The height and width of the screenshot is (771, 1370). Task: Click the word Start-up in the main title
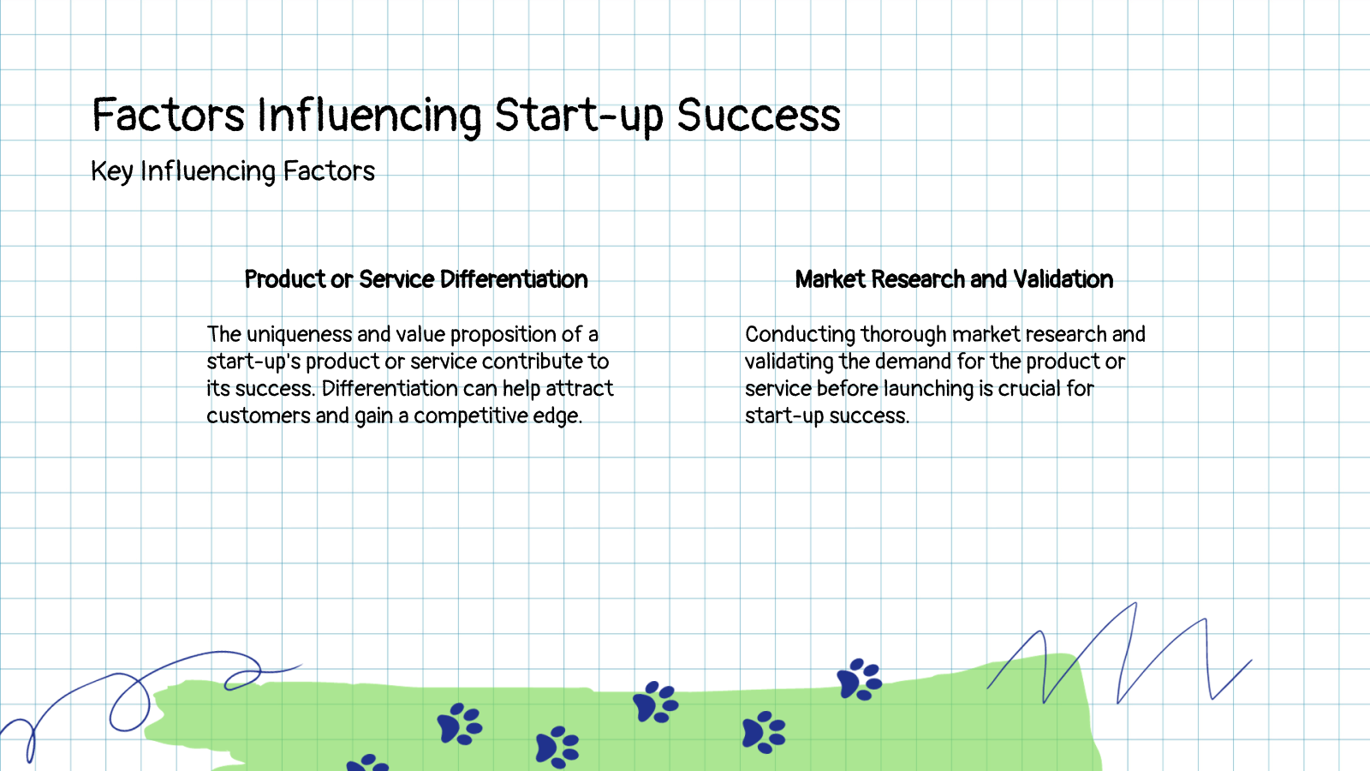pyautogui.click(x=579, y=117)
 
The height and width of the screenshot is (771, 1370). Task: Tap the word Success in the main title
pyautogui.click(x=759, y=117)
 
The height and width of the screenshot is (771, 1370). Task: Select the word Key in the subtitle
pyautogui.click(x=111, y=172)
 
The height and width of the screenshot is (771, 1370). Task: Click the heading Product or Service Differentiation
pyautogui.click(x=416, y=279)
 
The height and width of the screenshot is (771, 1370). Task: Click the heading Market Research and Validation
pyautogui.click(x=954, y=279)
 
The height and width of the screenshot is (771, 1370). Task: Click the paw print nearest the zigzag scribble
pyautogui.click(x=859, y=679)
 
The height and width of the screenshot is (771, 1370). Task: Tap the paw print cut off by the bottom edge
pyautogui.click(x=368, y=762)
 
